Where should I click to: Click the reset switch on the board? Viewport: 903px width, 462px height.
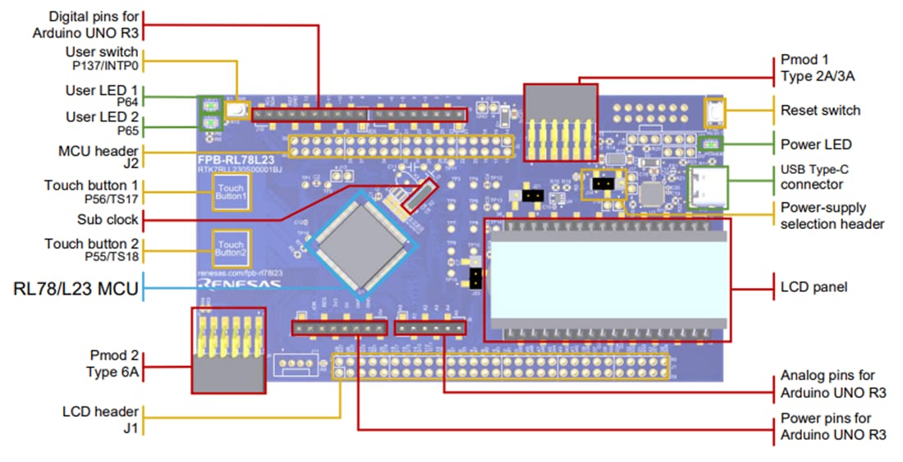(x=715, y=112)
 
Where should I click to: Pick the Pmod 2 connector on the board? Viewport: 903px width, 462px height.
(x=227, y=350)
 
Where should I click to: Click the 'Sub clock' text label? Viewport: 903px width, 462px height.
(x=108, y=220)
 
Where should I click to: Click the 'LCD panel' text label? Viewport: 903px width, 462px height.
(x=814, y=288)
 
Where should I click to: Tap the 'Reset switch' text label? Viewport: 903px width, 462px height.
(x=820, y=110)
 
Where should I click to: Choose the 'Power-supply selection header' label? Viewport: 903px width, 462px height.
(x=832, y=216)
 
